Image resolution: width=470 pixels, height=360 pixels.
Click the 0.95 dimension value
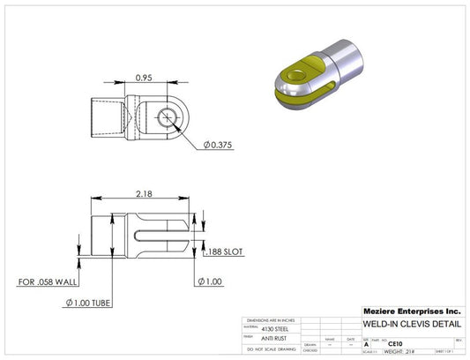(x=147, y=76)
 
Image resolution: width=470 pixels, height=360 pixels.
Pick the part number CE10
(x=384, y=344)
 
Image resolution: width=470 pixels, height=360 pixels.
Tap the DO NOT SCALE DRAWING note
(x=272, y=349)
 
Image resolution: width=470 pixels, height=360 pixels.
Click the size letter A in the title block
(x=366, y=344)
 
